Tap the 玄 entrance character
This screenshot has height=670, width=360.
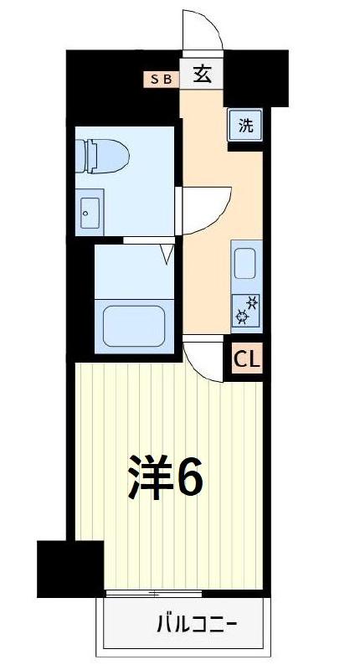[202, 75]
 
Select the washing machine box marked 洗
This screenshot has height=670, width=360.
[245, 126]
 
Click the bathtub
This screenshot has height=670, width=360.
[133, 327]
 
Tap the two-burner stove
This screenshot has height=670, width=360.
[247, 310]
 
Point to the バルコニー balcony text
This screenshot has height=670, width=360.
[198, 624]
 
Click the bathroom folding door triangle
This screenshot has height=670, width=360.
[167, 253]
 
